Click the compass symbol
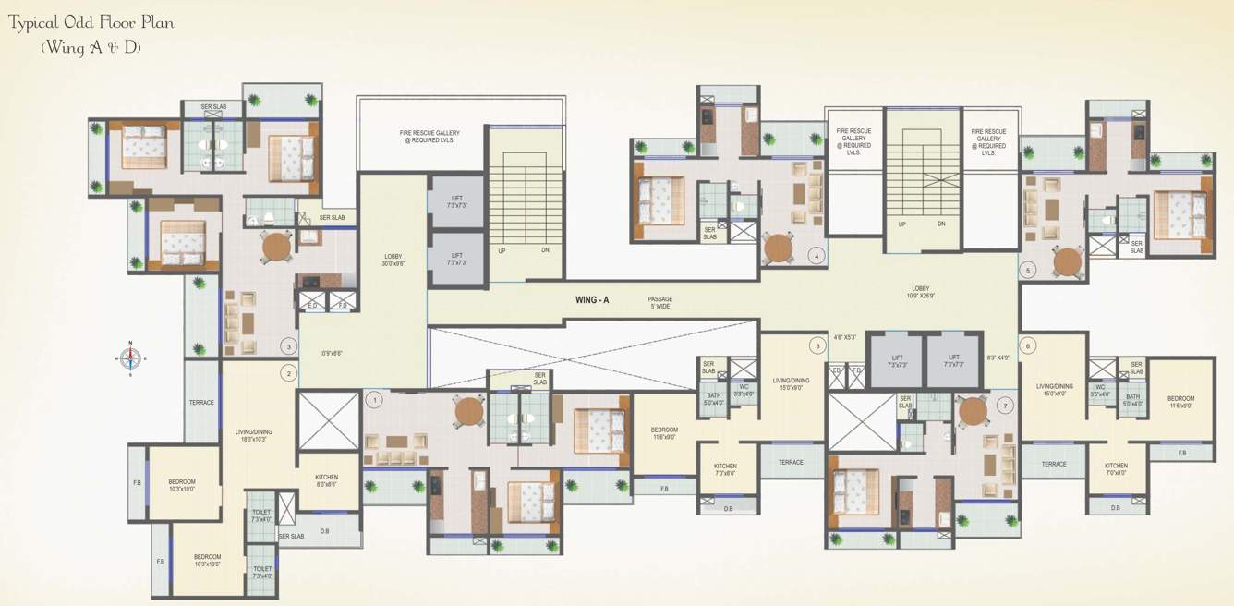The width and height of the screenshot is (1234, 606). pyautogui.click(x=130, y=357)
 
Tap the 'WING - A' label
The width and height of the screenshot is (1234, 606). pyautogui.click(x=592, y=300)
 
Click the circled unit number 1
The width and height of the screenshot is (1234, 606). pyautogui.click(x=374, y=400)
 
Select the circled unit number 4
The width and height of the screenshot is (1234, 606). pyautogui.click(x=816, y=255)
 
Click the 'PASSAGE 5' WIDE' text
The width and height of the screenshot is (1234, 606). pyautogui.click(x=659, y=302)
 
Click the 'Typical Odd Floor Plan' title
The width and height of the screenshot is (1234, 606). pyautogui.click(x=91, y=22)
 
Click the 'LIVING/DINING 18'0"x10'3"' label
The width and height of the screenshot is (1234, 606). pyautogui.click(x=253, y=435)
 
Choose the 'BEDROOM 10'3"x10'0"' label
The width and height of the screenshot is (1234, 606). pyautogui.click(x=182, y=485)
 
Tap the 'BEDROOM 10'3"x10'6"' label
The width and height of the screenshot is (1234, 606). pyautogui.click(x=207, y=560)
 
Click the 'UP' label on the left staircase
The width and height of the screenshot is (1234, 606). pyautogui.click(x=502, y=250)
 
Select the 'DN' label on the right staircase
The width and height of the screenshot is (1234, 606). pyautogui.click(x=941, y=224)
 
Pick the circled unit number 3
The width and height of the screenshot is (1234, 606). pyautogui.click(x=289, y=346)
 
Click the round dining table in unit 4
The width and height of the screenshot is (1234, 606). pyautogui.click(x=779, y=248)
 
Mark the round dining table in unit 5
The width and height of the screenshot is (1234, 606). pyautogui.click(x=1068, y=261)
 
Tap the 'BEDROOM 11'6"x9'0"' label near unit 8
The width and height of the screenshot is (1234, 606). pyautogui.click(x=664, y=433)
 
